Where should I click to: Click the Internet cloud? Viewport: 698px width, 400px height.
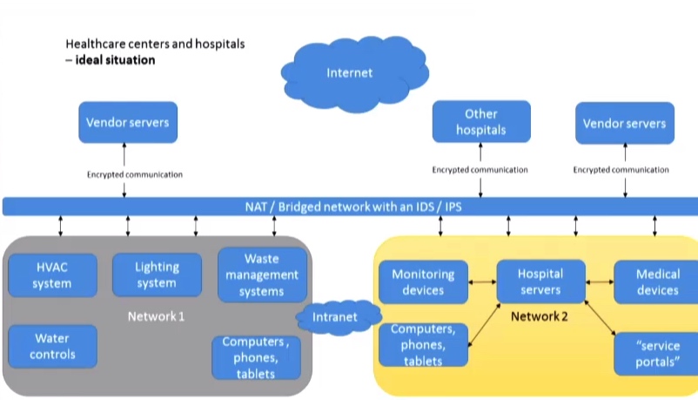[x=350, y=72]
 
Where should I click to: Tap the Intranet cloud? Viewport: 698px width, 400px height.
[x=334, y=317]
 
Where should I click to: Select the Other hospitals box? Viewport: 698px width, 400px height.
[x=480, y=122]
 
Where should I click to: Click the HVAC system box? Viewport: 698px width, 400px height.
[x=52, y=275]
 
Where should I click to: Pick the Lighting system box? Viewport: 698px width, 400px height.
[x=157, y=275]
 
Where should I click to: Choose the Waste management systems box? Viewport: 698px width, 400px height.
[x=261, y=275]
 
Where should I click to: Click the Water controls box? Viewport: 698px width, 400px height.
[x=52, y=346]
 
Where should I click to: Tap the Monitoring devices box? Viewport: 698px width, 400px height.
[x=424, y=281]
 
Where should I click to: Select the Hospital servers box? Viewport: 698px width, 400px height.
[x=540, y=281]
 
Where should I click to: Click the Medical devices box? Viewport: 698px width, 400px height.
[x=658, y=281]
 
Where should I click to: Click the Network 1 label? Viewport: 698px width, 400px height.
[x=156, y=316]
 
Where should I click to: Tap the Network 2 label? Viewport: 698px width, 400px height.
[x=540, y=316]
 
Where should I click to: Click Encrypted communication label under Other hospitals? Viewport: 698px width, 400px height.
[x=480, y=170]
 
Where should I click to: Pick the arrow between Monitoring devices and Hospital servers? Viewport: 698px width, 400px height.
[x=482, y=281]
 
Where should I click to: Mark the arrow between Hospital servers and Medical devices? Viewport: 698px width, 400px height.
[x=599, y=281]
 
